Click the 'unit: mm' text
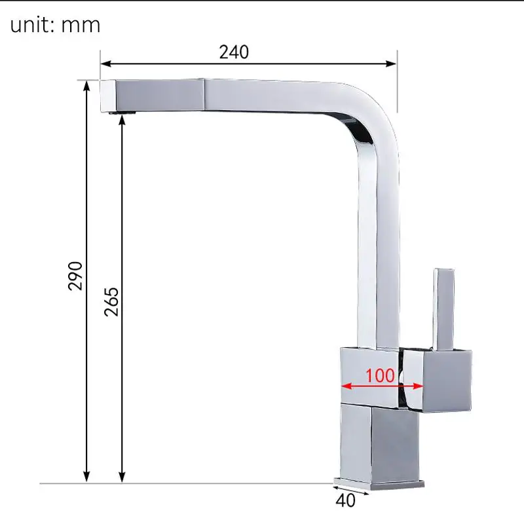click(x=55, y=25)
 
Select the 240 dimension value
click(x=234, y=52)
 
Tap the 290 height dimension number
click(x=76, y=275)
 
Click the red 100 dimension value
click(x=380, y=375)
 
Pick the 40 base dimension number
click(x=346, y=501)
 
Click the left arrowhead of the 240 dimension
click(x=105, y=64)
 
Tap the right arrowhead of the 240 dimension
click(x=392, y=64)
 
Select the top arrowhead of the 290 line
click(x=86, y=86)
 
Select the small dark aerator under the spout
click(x=126, y=115)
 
